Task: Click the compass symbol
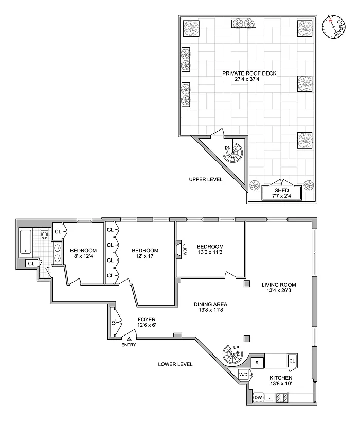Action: pos(333,27)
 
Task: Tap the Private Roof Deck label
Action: pos(249,73)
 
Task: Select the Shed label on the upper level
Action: pos(281,190)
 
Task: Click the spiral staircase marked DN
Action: pos(232,153)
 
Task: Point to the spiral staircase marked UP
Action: pos(232,354)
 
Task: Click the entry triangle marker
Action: pos(129,339)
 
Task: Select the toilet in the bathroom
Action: pos(45,234)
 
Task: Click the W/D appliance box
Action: pos(243,374)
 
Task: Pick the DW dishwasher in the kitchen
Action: pos(258,398)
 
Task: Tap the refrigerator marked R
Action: pos(257,363)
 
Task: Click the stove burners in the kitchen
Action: pos(282,398)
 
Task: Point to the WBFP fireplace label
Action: pos(185,249)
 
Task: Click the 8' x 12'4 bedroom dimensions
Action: pos(83,256)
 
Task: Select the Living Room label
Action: pos(279,285)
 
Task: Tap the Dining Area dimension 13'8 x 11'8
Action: pos(210,310)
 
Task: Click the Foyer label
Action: pos(147,320)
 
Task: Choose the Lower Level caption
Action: pos(175,364)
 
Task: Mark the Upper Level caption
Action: pos(206,180)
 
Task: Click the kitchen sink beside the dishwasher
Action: pos(269,398)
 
